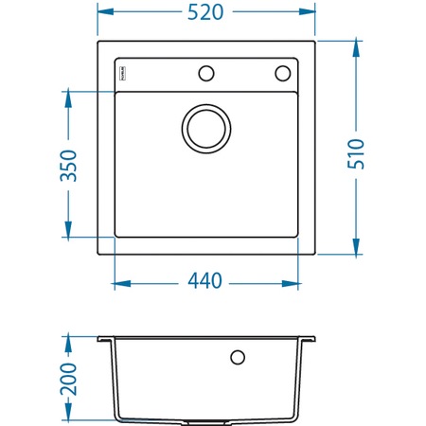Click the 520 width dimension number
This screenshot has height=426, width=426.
205,13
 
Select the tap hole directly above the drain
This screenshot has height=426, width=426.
205,73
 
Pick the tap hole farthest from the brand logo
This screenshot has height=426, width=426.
282,73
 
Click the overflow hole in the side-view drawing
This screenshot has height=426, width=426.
238,357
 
